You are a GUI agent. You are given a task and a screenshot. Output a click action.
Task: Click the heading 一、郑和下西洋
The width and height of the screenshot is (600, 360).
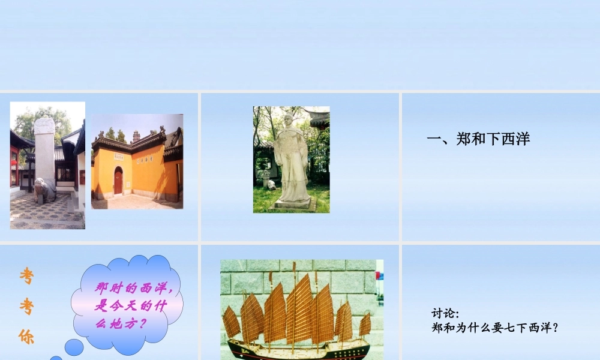478,140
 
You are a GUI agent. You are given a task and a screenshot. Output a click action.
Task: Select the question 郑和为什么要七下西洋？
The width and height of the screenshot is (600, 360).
495,328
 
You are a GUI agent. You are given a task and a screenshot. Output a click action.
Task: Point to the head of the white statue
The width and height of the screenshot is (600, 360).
288,119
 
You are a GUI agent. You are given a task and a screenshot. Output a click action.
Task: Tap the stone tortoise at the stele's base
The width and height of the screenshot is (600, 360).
45,190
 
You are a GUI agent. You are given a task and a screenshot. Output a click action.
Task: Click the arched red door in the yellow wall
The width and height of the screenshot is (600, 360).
118,181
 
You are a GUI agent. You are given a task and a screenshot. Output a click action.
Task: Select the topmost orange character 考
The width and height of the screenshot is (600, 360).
26,276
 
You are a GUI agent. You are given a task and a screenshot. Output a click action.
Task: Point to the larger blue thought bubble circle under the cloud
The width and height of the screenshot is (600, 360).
74,347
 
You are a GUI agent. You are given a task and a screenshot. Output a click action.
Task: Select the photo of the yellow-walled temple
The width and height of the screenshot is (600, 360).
137,161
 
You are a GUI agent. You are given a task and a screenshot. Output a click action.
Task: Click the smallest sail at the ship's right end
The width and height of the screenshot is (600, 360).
365,324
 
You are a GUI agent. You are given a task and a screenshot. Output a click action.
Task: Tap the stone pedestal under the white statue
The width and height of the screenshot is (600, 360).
293,204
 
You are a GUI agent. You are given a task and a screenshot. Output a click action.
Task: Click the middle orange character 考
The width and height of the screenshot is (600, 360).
26,307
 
